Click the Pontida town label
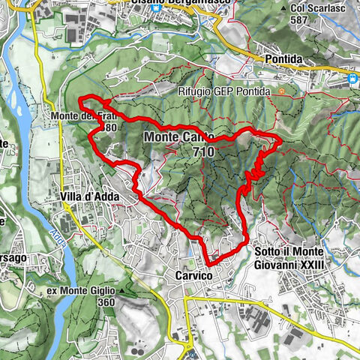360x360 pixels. [278, 58]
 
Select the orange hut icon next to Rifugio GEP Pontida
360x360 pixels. [280, 91]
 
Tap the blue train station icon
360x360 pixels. [351, 77]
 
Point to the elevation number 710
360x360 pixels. [202, 151]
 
